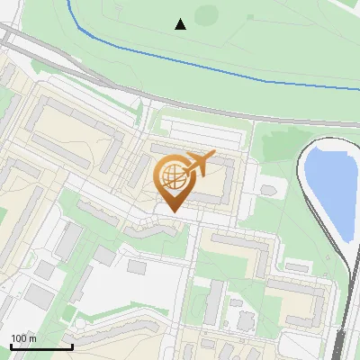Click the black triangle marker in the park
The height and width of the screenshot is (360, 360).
181,24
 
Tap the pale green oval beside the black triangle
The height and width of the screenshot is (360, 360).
207,15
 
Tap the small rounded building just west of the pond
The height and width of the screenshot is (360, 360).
268,190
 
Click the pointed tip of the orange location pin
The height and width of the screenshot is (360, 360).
173,212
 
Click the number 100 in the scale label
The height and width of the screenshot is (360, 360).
20,338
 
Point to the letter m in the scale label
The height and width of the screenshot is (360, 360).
32,338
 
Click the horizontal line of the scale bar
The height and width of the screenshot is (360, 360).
40,346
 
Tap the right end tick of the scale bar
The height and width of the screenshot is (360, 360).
72,345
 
